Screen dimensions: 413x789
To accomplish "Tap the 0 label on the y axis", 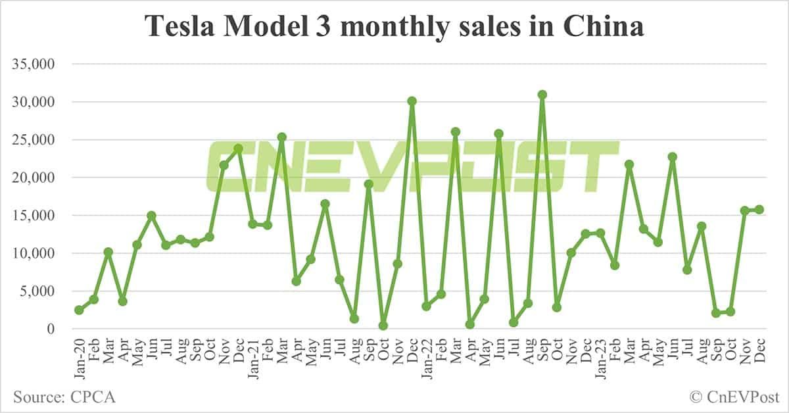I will (x=55, y=329).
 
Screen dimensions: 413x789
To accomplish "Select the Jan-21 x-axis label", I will (x=253, y=358).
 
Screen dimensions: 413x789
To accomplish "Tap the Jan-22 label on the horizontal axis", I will (x=427, y=358).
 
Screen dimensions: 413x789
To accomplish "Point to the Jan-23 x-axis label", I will (x=600, y=358).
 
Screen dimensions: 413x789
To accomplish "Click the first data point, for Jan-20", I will (x=79, y=310).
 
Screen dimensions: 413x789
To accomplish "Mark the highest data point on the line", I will (x=542, y=95).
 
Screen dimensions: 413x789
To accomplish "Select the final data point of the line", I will (x=759, y=209).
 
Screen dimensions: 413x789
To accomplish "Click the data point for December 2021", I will (x=412, y=101).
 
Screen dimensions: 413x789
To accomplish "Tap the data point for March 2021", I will (x=282, y=137).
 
